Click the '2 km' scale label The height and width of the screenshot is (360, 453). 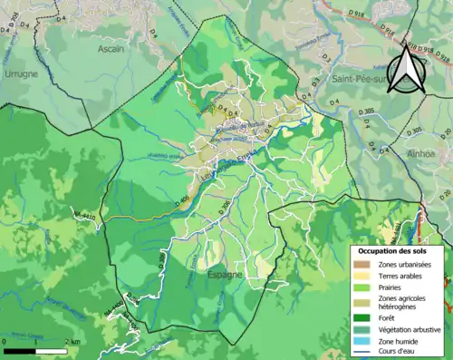pyautogui.click(x=72, y=341)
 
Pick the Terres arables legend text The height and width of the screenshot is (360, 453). pyautogui.click(x=401, y=275)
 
